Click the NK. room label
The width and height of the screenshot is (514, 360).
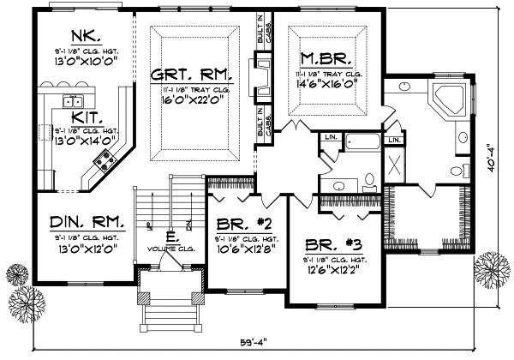[87, 37]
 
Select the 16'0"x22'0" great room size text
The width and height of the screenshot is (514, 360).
[190, 99]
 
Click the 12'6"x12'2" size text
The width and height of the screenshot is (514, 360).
[326, 264]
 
